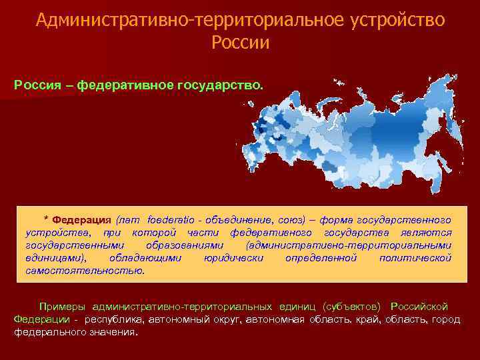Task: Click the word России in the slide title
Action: click(240, 43)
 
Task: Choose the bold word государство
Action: click(226, 86)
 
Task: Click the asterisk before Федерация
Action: click(46, 221)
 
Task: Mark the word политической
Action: click(415, 257)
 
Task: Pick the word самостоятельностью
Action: click(85, 270)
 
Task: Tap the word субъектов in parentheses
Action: click(351, 307)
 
